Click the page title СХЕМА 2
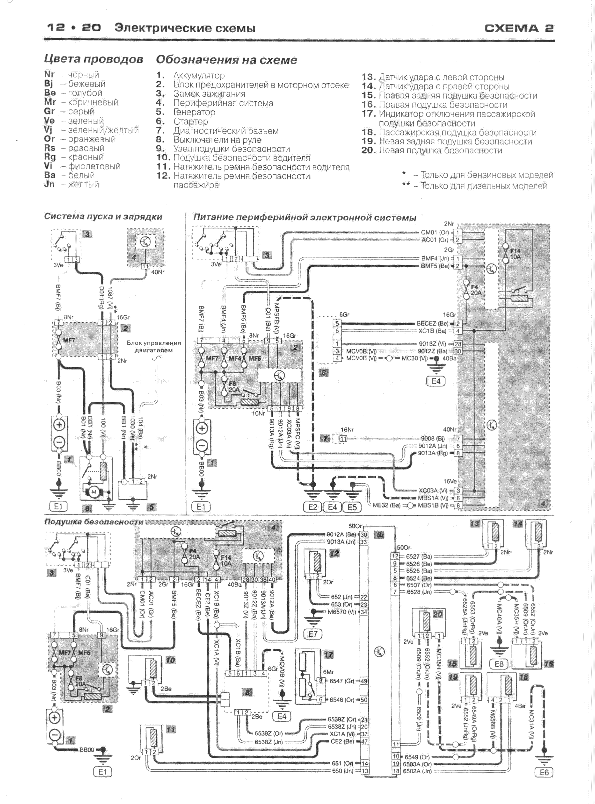point(519,28)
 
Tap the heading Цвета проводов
point(93,59)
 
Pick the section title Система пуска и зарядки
point(103,217)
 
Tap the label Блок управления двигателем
point(153,347)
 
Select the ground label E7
point(313,634)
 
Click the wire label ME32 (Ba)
point(386,505)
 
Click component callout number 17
point(328,655)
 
